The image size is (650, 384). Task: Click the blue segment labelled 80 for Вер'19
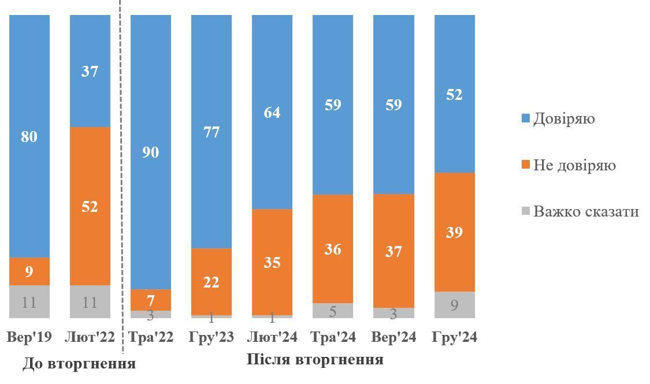click(x=29, y=136)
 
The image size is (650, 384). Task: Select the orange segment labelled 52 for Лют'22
click(x=90, y=206)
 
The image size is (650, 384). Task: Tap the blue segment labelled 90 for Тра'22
click(x=151, y=152)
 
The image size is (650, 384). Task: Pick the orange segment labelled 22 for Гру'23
click(x=211, y=282)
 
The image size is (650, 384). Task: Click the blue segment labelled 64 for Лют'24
click(x=272, y=112)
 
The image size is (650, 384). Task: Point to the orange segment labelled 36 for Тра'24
click(x=333, y=249)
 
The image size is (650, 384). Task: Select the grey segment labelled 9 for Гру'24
click(x=454, y=305)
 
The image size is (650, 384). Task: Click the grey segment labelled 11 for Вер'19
click(x=29, y=301)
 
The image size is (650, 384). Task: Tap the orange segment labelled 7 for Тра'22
click(x=151, y=300)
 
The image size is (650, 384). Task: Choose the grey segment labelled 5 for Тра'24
click(x=333, y=311)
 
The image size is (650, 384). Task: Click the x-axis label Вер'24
click(x=393, y=337)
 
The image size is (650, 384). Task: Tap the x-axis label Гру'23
click(x=211, y=337)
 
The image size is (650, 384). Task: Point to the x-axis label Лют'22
click(x=90, y=337)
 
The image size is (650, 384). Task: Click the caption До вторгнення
click(x=79, y=364)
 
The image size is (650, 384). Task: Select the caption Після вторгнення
click(x=315, y=359)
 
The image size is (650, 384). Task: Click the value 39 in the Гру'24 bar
click(x=454, y=232)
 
